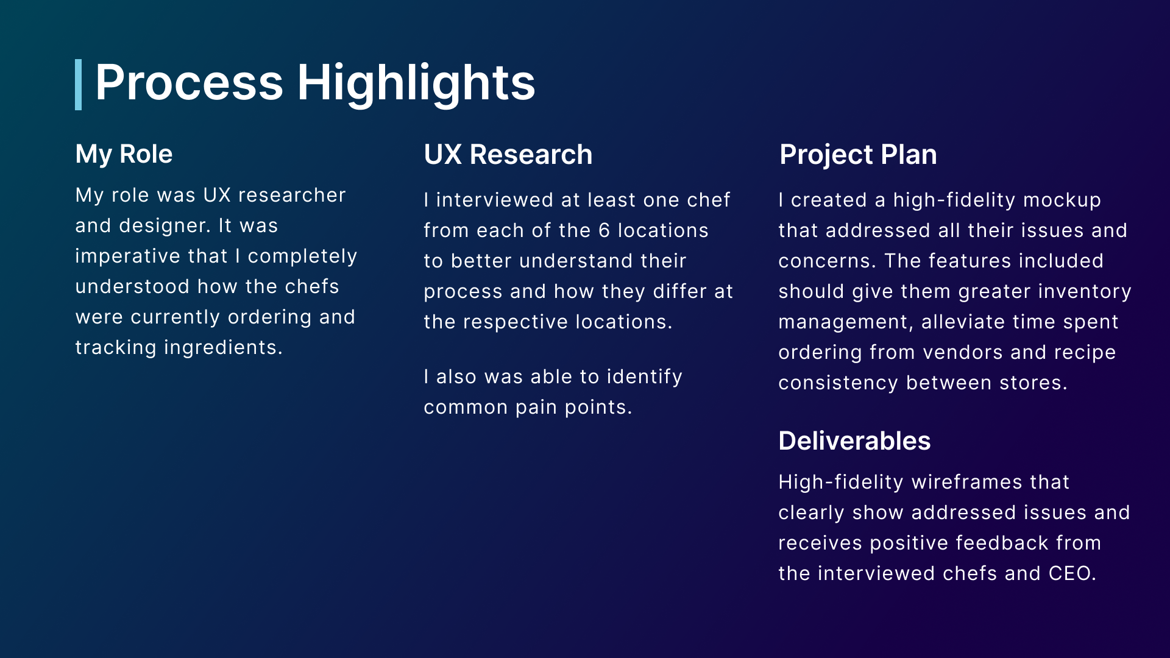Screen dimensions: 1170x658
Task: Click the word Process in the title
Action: [190, 83]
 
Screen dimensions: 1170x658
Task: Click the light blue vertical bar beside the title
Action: [78, 85]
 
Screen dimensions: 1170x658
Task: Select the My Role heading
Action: [124, 154]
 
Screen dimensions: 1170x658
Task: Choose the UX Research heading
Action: [508, 154]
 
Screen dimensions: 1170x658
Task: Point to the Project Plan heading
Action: [858, 155]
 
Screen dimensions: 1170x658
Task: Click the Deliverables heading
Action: [854, 440]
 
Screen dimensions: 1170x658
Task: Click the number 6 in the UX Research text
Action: [604, 230]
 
